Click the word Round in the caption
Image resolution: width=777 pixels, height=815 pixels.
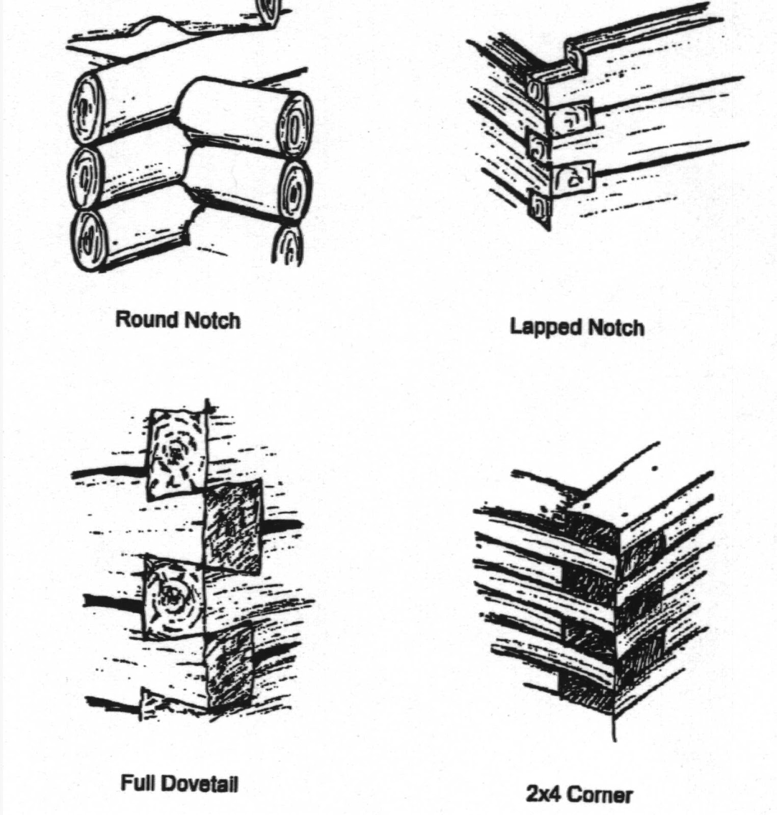(147, 320)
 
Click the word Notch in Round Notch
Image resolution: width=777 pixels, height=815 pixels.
(212, 321)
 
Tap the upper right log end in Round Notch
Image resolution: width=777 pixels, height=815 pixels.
(296, 125)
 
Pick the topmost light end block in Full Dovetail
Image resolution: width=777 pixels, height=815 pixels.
(176, 453)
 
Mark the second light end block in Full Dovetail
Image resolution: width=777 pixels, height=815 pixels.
(173, 596)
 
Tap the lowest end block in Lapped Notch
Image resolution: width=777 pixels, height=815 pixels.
(539, 208)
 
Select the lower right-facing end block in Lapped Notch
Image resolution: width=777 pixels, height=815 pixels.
(574, 178)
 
